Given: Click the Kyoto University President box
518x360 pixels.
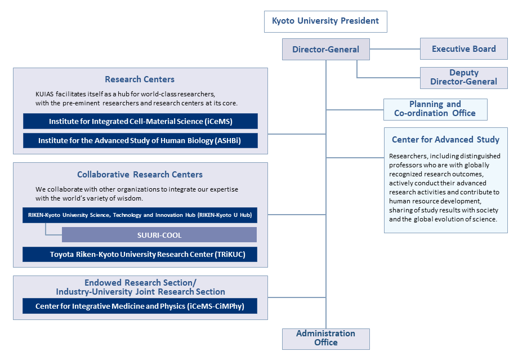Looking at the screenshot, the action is tap(325, 21).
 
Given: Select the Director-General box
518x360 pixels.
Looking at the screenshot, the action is tap(326, 49).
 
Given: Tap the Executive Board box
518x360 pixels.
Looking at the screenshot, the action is tap(464, 49).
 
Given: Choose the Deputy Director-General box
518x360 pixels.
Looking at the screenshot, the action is tap(464, 78).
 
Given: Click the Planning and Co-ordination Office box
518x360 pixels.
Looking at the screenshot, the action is tap(435, 109).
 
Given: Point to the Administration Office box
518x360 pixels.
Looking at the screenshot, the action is tap(326, 339).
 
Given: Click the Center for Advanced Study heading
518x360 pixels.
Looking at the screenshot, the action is tap(446, 140).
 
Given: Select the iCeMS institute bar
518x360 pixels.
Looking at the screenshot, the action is tap(140, 121).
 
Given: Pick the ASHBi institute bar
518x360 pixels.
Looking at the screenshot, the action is tap(140, 140).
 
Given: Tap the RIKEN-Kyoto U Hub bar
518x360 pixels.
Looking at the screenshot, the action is tap(140, 215).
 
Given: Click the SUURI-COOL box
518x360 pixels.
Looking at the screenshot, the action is tap(159, 235).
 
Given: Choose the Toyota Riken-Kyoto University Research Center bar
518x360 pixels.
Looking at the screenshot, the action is tap(140, 254).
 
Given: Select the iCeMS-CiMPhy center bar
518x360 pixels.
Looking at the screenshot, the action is tap(140, 306).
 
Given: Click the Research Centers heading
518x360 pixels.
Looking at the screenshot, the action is tap(140, 79).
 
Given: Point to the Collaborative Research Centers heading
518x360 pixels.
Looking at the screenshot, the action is tap(140, 175).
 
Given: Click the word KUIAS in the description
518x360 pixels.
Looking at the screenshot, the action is tap(44, 94).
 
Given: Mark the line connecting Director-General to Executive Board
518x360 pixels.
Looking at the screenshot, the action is tap(395, 49).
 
